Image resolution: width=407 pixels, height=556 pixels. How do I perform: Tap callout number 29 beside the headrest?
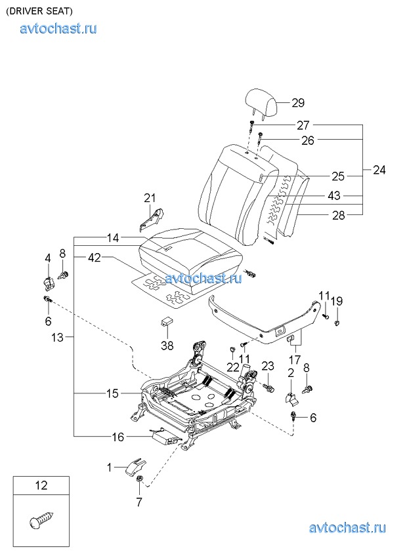point(298,103)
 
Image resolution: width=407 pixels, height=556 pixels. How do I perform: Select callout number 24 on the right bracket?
point(379,170)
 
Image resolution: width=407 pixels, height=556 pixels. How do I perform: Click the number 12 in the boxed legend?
point(41,485)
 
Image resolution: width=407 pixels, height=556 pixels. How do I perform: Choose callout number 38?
point(167,345)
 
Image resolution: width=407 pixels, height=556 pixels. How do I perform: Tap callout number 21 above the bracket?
point(150,198)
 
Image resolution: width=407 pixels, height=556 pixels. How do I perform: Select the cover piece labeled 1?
point(135,466)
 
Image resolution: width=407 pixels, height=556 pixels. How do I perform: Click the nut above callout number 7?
point(139,479)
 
